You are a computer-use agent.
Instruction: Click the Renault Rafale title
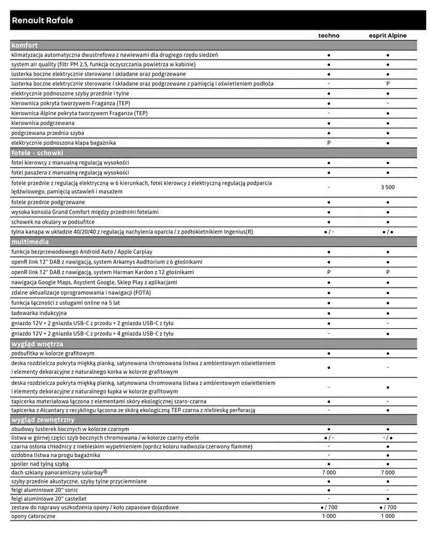point(42,20)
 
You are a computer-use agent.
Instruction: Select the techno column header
point(328,36)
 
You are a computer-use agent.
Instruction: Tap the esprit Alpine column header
point(387,36)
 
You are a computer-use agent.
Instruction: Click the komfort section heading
point(25,45)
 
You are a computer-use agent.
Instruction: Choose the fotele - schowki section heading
point(37,153)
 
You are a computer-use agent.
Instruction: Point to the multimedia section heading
point(29,242)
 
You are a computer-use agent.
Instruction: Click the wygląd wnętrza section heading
point(37,344)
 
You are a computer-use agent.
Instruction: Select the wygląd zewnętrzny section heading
point(41,419)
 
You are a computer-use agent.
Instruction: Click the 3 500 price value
point(387,187)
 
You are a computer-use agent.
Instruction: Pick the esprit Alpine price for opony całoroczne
point(387,516)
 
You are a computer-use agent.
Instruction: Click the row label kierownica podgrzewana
point(42,123)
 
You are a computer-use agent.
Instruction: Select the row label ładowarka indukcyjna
point(39,313)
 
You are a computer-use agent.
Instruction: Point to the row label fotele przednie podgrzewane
point(48,202)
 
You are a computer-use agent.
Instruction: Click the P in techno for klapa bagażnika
point(329,143)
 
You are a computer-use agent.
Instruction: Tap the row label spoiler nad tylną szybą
point(39,463)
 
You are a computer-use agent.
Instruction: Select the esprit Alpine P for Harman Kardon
point(387,272)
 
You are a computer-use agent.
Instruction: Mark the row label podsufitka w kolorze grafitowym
point(53,354)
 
